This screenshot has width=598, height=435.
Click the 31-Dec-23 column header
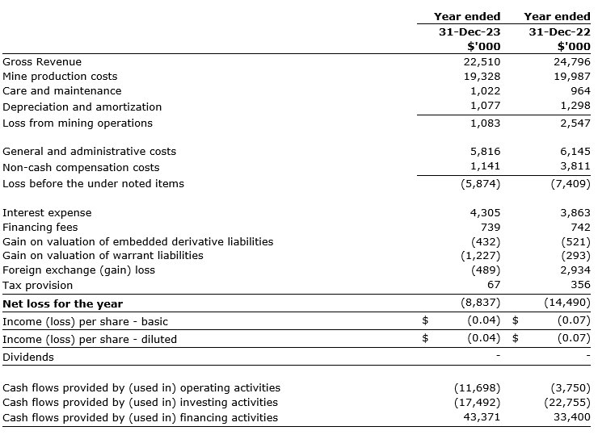[x=470, y=31]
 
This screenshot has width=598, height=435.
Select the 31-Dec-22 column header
[x=559, y=31]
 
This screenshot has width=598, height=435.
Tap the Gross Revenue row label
[x=42, y=61]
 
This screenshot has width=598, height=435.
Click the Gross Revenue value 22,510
[x=482, y=61]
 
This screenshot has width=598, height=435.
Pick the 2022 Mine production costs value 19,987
[x=572, y=76]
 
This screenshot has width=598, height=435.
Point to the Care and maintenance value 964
[x=579, y=91]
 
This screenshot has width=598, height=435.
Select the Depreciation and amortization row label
[x=82, y=107]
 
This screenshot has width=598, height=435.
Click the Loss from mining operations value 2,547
[x=575, y=123]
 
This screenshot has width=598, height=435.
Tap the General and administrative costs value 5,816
[x=485, y=151]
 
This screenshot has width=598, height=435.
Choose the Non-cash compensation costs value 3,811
[x=575, y=167]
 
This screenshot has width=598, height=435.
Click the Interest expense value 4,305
[x=485, y=212]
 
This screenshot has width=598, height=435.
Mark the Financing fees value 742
[x=579, y=227]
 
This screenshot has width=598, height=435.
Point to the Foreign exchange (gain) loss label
[x=78, y=270]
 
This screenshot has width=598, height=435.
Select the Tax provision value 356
[x=579, y=285]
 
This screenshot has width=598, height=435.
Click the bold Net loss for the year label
[x=62, y=303]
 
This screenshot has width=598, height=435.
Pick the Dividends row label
[x=28, y=357]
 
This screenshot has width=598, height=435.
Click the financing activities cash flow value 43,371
[x=482, y=417]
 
